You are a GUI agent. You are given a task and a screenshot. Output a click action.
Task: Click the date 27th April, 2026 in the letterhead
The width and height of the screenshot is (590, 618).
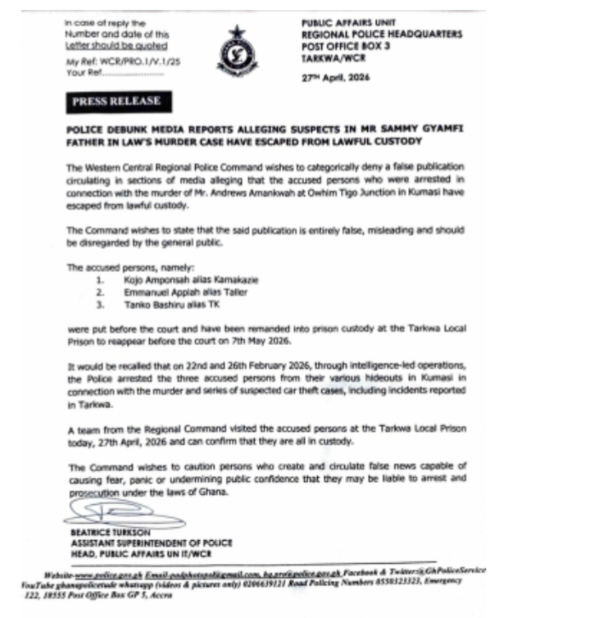coord(336,78)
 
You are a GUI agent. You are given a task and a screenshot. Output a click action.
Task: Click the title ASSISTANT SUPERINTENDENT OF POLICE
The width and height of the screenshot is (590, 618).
coord(151,543)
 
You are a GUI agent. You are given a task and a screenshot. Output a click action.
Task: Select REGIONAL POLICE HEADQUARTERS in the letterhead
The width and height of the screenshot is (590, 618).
coord(382,34)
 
